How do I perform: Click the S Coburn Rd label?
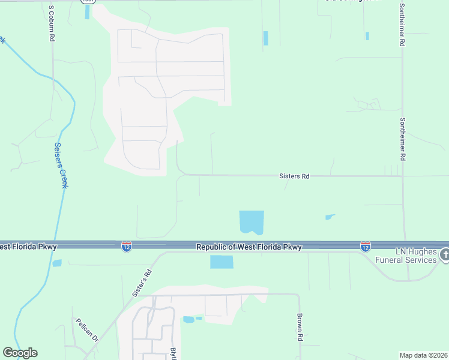[x=52, y=24]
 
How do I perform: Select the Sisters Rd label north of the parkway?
[x=294, y=176]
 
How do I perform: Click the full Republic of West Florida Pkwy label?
[x=249, y=247]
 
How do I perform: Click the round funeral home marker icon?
[x=444, y=254]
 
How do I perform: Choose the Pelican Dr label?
[x=86, y=329]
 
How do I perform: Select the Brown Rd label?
[x=300, y=328]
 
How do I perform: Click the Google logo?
[x=20, y=353]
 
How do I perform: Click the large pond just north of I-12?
[x=251, y=222]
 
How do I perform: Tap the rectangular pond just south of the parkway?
[x=221, y=262]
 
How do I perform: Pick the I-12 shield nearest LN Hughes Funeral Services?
[x=366, y=247]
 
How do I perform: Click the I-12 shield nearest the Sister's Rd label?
[x=126, y=247]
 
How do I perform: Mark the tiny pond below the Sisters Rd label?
[x=330, y=217]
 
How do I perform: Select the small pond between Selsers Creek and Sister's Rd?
[x=57, y=263]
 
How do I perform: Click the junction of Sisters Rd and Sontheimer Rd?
[x=403, y=176]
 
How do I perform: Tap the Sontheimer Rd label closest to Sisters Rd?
[x=403, y=139]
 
